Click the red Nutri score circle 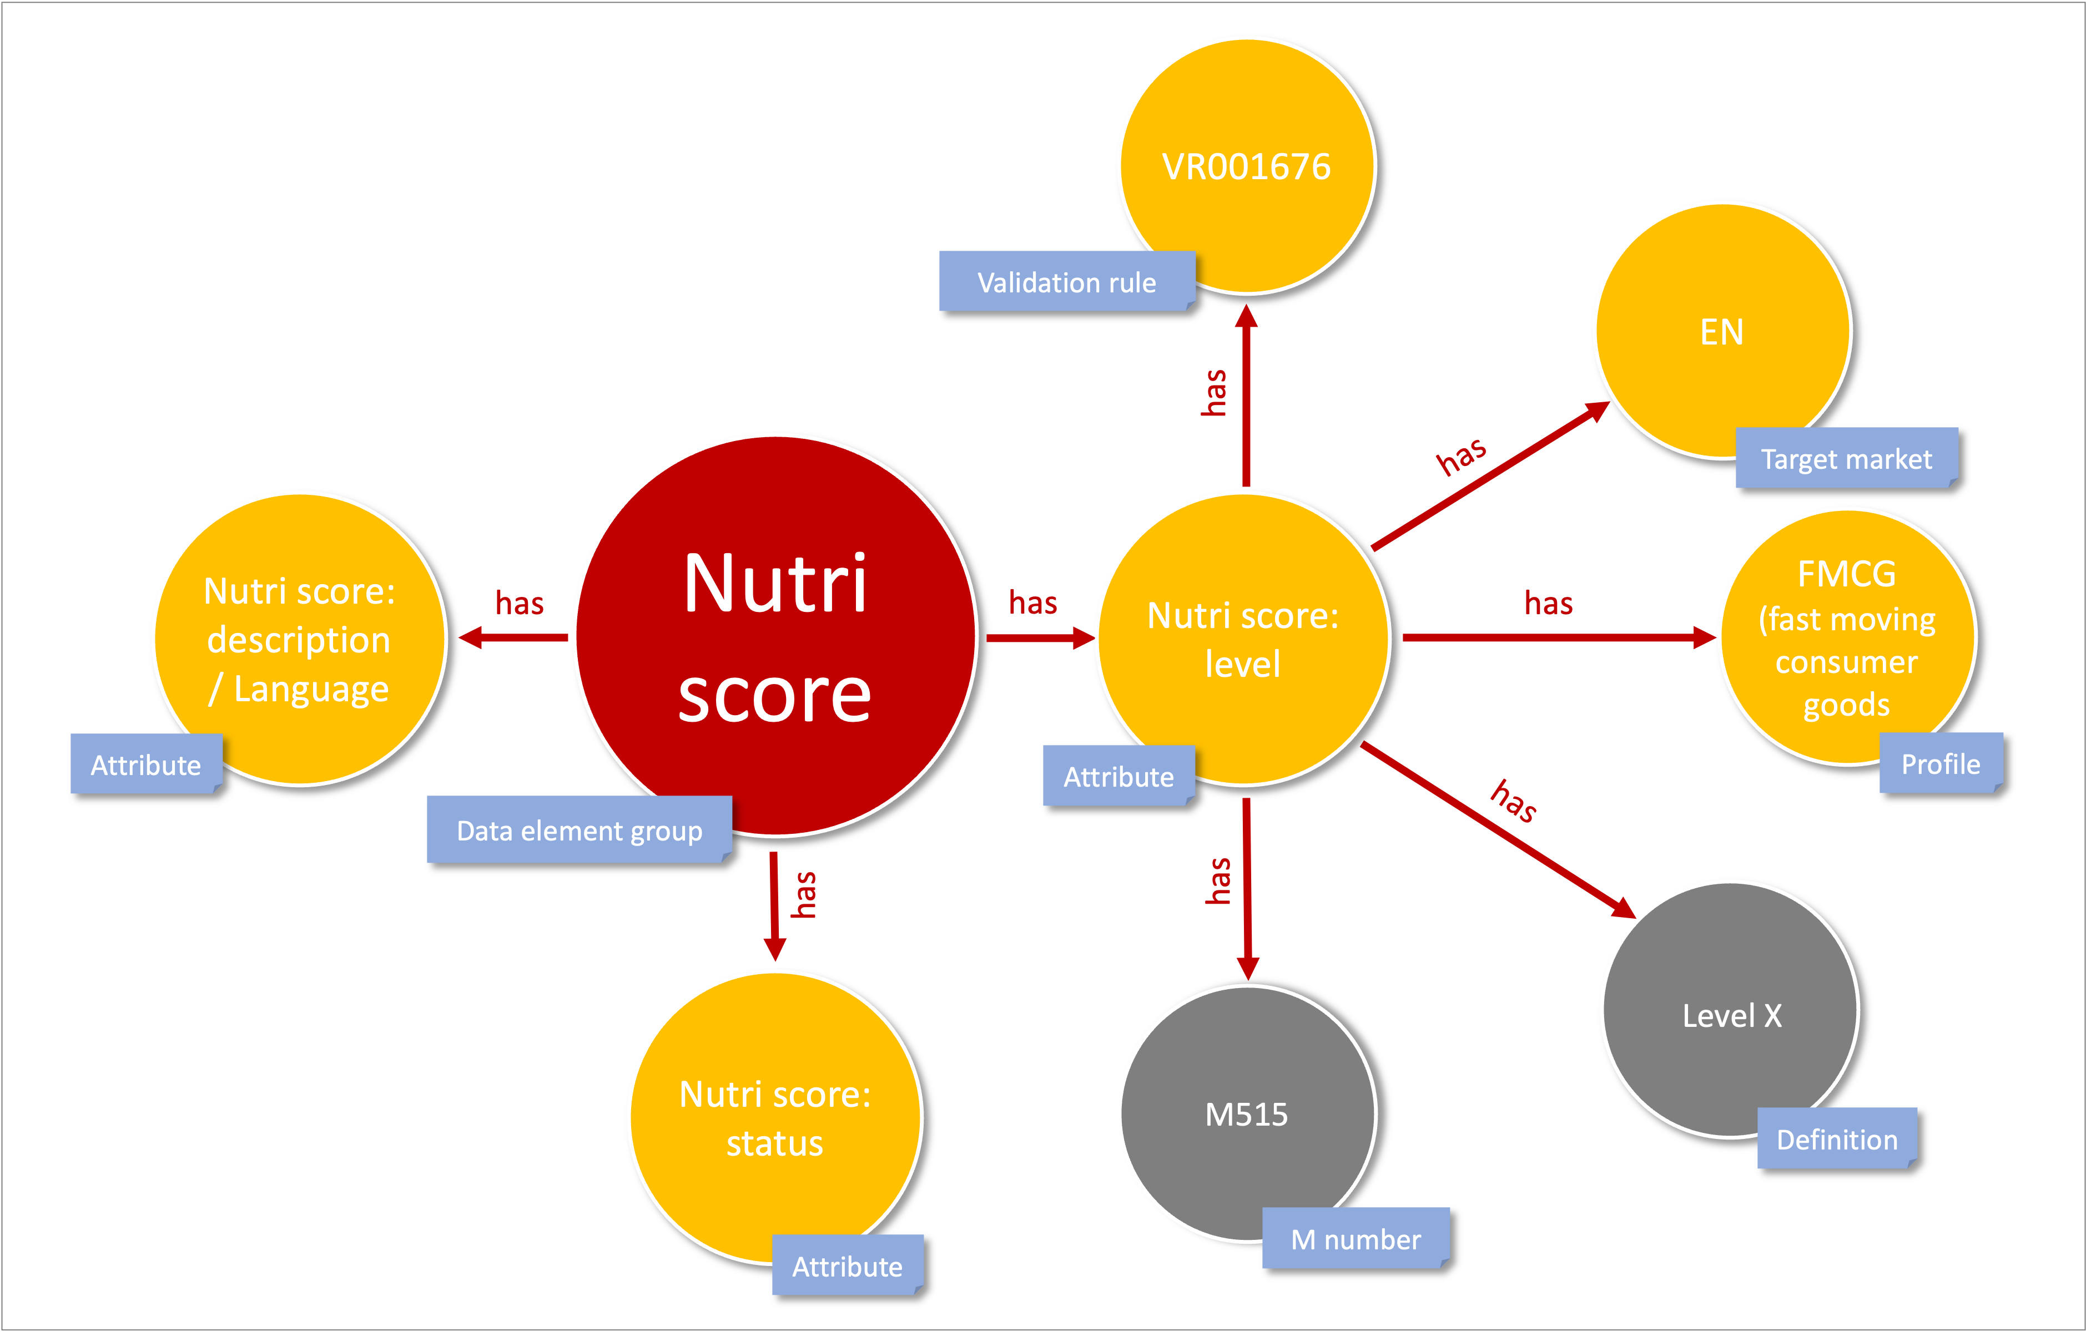coord(776,636)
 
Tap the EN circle coord(1723,331)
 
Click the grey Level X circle coord(1730,1010)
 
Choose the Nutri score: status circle coord(776,1118)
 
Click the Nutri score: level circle coord(1244,640)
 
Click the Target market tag coord(1847,458)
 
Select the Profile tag coord(1941,763)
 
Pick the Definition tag coord(1837,1139)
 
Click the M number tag coord(1356,1238)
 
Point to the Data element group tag coord(580,830)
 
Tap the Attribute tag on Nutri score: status coord(847,1265)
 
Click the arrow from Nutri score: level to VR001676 coord(1246,396)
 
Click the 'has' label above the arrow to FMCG coord(1549,603)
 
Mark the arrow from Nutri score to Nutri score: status coord(774,906)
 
